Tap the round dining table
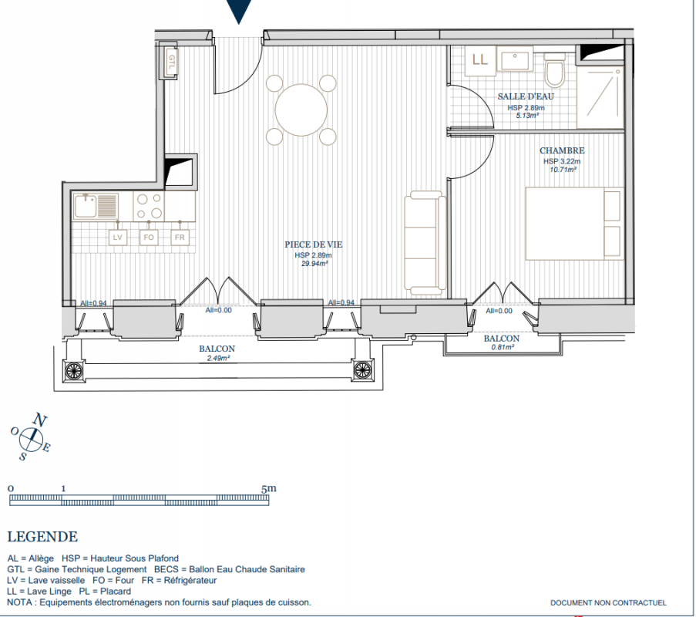(301, 110)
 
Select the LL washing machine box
(480, 60)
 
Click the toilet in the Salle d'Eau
(554, 70)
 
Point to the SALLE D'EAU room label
(526, 96)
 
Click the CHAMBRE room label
(562, 150)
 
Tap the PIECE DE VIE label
(314, 244)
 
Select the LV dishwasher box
(118, 238)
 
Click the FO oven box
(148, 238)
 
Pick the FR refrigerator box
(180, 238)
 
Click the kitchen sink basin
(86, 206)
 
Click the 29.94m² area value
(314, 264)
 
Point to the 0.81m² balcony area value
(503, 347)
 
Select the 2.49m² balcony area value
(218, 358)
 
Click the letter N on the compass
(39, 420)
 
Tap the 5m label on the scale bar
(269, 489)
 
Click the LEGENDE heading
(42, 537)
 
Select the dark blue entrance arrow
(239, 11)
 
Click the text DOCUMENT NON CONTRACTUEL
(608, 603)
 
